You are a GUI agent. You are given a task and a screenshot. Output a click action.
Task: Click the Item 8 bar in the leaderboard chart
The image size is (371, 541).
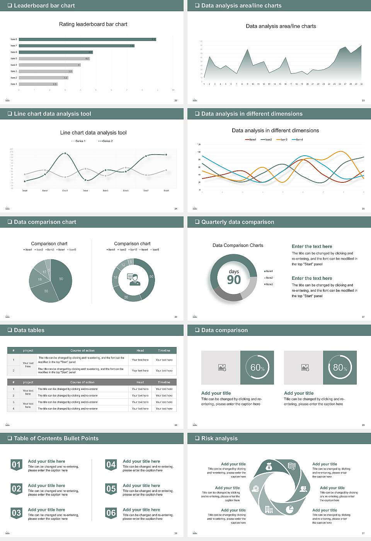pyautogui.click(x=87, y=39)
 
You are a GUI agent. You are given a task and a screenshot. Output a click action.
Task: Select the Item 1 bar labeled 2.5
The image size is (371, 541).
pyautogui.click(x=38, y=84)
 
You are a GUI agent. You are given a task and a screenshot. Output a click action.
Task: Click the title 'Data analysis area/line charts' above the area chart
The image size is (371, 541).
pyautogui.click(x=281, y=26)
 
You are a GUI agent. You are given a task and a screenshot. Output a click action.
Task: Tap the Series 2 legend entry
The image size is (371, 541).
pyautogui.click(x=106, y=141)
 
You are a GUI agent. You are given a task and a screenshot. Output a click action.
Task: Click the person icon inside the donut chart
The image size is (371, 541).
pyautogui.click(x=134, y=279)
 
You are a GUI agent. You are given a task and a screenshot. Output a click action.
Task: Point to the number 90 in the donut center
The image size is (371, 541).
pyautogui.click(x=234, y=280)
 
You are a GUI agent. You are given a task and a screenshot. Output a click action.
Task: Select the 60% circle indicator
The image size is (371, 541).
pyautogui.click(x=257, y=367)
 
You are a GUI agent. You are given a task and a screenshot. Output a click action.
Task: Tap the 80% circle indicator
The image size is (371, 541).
pyautogui.click(x=340, y=367)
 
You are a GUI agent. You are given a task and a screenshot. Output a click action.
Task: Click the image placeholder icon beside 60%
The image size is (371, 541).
pyautogui.click(x=222, y=367)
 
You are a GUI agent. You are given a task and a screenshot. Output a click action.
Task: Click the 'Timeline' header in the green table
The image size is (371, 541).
pyautogui.click(x=164, y=350)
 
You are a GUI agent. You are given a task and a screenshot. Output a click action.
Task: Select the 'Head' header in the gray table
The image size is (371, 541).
pyautogui.click(x=140, y=382)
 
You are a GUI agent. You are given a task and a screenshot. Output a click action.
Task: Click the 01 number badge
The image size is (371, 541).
pyautogui.click(x=16, y=464)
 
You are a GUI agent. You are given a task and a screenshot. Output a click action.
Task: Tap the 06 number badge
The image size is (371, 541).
pyautogui.click(x=111, y=513)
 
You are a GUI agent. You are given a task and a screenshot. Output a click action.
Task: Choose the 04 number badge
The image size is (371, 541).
pyautogui.click(x=111, y=464)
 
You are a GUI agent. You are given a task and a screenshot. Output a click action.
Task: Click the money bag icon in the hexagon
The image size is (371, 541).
pyautogui.click(x=269, y=467)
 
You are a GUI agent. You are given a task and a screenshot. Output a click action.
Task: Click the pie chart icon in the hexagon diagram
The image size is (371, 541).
pyautogui.click(x=289, y=509)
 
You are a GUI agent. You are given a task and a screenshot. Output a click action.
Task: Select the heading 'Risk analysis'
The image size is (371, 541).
pyautogui.click(x=219, y=438)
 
